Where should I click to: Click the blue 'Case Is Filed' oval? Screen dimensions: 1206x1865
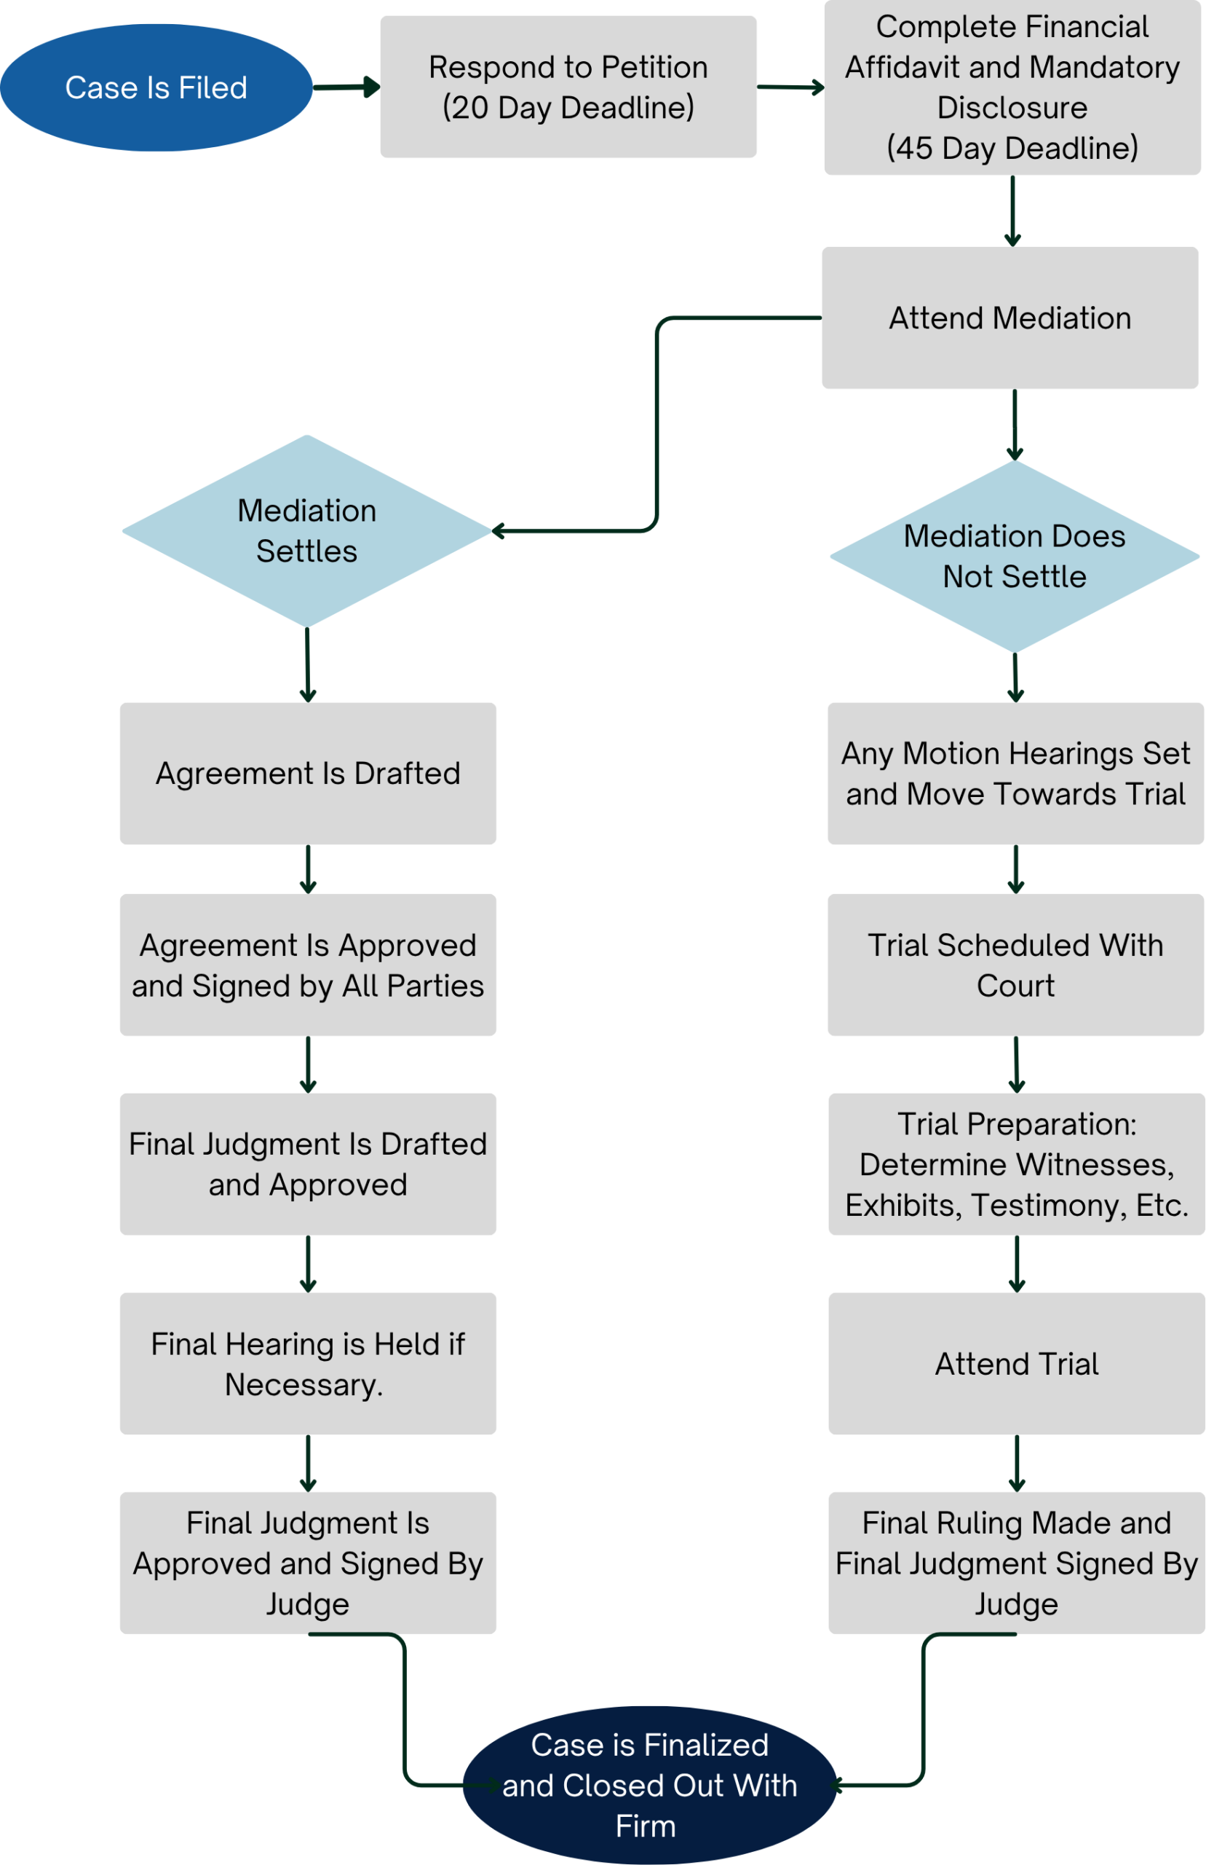click(156, 87)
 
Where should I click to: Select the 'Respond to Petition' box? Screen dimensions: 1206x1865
click(568, 87)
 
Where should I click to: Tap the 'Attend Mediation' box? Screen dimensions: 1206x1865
click(1010, 318)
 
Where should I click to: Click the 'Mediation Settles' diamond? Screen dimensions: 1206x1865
click(307, 531)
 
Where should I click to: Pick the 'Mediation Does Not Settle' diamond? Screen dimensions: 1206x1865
click(1015, 557)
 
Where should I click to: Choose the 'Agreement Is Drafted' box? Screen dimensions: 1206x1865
click(308, 774)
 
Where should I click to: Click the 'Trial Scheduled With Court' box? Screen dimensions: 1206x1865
click(1016, 965)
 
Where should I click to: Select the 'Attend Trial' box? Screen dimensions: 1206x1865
click(1017, 1364)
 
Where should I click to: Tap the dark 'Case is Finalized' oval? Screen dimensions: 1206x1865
click(650, 1785)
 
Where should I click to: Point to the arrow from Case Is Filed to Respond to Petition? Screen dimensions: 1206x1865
click(347, 87)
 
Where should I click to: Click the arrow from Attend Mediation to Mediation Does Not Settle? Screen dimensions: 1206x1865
click(1015, 425)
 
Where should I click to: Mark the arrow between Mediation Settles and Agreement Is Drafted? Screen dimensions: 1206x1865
click(308, 665)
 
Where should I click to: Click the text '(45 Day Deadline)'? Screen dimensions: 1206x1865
click(1012, 148)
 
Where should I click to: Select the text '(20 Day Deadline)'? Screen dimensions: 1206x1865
click(568, 107)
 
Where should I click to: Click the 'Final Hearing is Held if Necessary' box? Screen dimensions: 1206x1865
click(308, 1364)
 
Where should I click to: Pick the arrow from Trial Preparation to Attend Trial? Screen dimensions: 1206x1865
click(1017, 1264)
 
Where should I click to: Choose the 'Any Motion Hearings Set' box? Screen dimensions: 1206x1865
click(1016, 774)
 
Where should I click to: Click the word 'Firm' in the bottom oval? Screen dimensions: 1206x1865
click(646, 1826)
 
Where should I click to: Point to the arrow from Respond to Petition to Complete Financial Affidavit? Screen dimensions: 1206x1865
click(791, 87)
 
